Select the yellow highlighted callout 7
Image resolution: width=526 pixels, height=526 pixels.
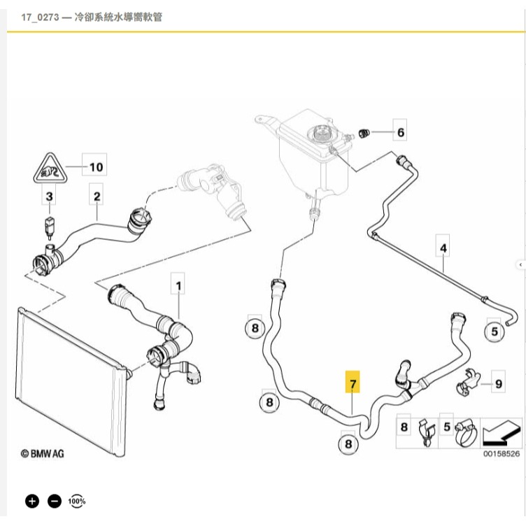click(x=353, y=384)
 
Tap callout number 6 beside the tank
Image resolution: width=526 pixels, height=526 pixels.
click(x=400, y=131)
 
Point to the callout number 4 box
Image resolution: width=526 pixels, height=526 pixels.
click(x=443, y=247)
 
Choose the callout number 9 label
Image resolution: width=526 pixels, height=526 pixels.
click(x=498, y=383)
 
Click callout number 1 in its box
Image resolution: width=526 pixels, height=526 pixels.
click(x=178, y=286)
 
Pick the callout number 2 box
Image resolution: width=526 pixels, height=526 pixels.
click(x=97, y=197)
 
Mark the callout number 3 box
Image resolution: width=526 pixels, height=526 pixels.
click(x=49, y=197)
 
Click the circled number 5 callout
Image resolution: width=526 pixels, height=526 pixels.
click(x=495, y=331)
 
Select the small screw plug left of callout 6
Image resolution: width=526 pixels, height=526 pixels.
click(x=362, y=132)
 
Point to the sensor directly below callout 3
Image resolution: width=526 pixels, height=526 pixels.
click(x=49, y=227)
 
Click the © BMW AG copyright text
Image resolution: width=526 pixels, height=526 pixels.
click(x=44, y=453)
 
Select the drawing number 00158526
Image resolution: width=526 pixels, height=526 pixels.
click(x=502, y=453)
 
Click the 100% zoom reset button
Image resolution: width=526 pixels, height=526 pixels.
click(x=76, y=501)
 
